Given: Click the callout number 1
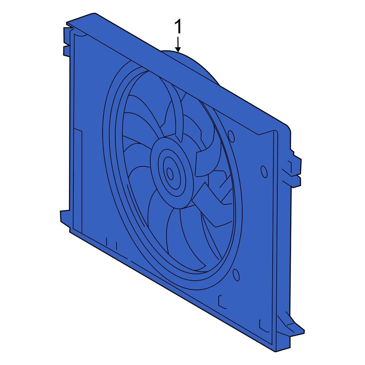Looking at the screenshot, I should click(x=178, y=27).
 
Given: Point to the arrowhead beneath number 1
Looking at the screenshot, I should click(x=178, y=49).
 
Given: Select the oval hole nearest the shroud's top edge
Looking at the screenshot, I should click(x=231, y=135).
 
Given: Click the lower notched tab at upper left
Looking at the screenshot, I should click(x=66, y=51).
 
